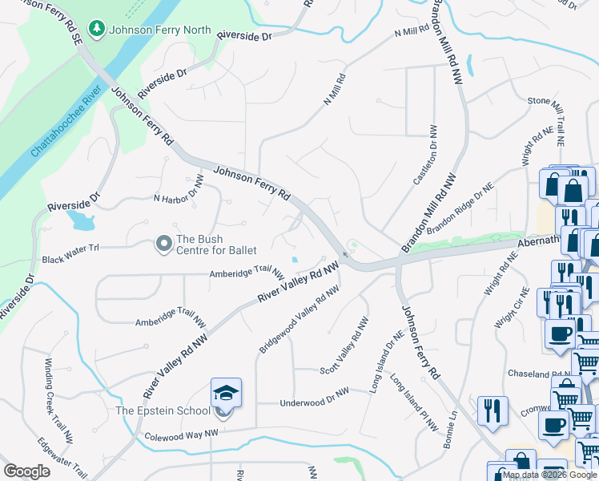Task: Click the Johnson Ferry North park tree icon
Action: click(97, 30)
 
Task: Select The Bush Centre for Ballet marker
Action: click(164, 243)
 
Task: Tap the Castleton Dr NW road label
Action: click(424, 156)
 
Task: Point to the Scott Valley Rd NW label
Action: click(344, 346)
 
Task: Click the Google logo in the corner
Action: click(26, 471)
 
